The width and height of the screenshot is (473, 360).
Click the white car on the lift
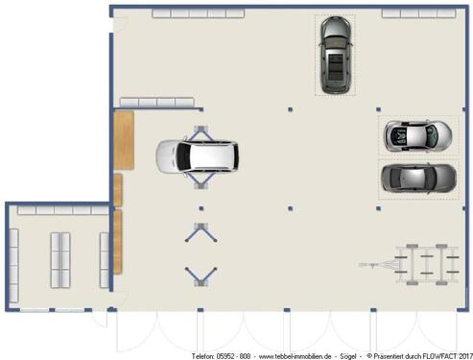pos(197,156)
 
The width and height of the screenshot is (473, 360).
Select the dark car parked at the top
pos(336,55)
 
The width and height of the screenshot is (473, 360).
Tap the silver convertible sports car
pos(418,136)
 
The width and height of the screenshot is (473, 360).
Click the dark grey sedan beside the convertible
pos(418,179)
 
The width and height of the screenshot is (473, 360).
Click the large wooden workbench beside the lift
pos(124,140)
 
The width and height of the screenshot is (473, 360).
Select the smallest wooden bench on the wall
pos(118,190)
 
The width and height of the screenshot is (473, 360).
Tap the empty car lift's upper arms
pos(201,232)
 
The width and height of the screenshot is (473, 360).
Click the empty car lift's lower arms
pos(201,276)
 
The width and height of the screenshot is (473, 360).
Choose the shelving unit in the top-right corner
pos(418,13)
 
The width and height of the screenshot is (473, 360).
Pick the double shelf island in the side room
pos(60,260)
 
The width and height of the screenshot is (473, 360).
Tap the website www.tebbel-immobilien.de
pos(295,356)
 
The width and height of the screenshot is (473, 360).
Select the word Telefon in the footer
pos(202,356)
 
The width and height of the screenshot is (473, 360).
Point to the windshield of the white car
pos(183,156)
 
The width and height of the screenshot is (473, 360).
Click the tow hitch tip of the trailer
pos(360,265)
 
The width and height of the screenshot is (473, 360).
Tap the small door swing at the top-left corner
pos(121,24)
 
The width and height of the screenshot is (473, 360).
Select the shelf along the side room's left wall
pos(13,265)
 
